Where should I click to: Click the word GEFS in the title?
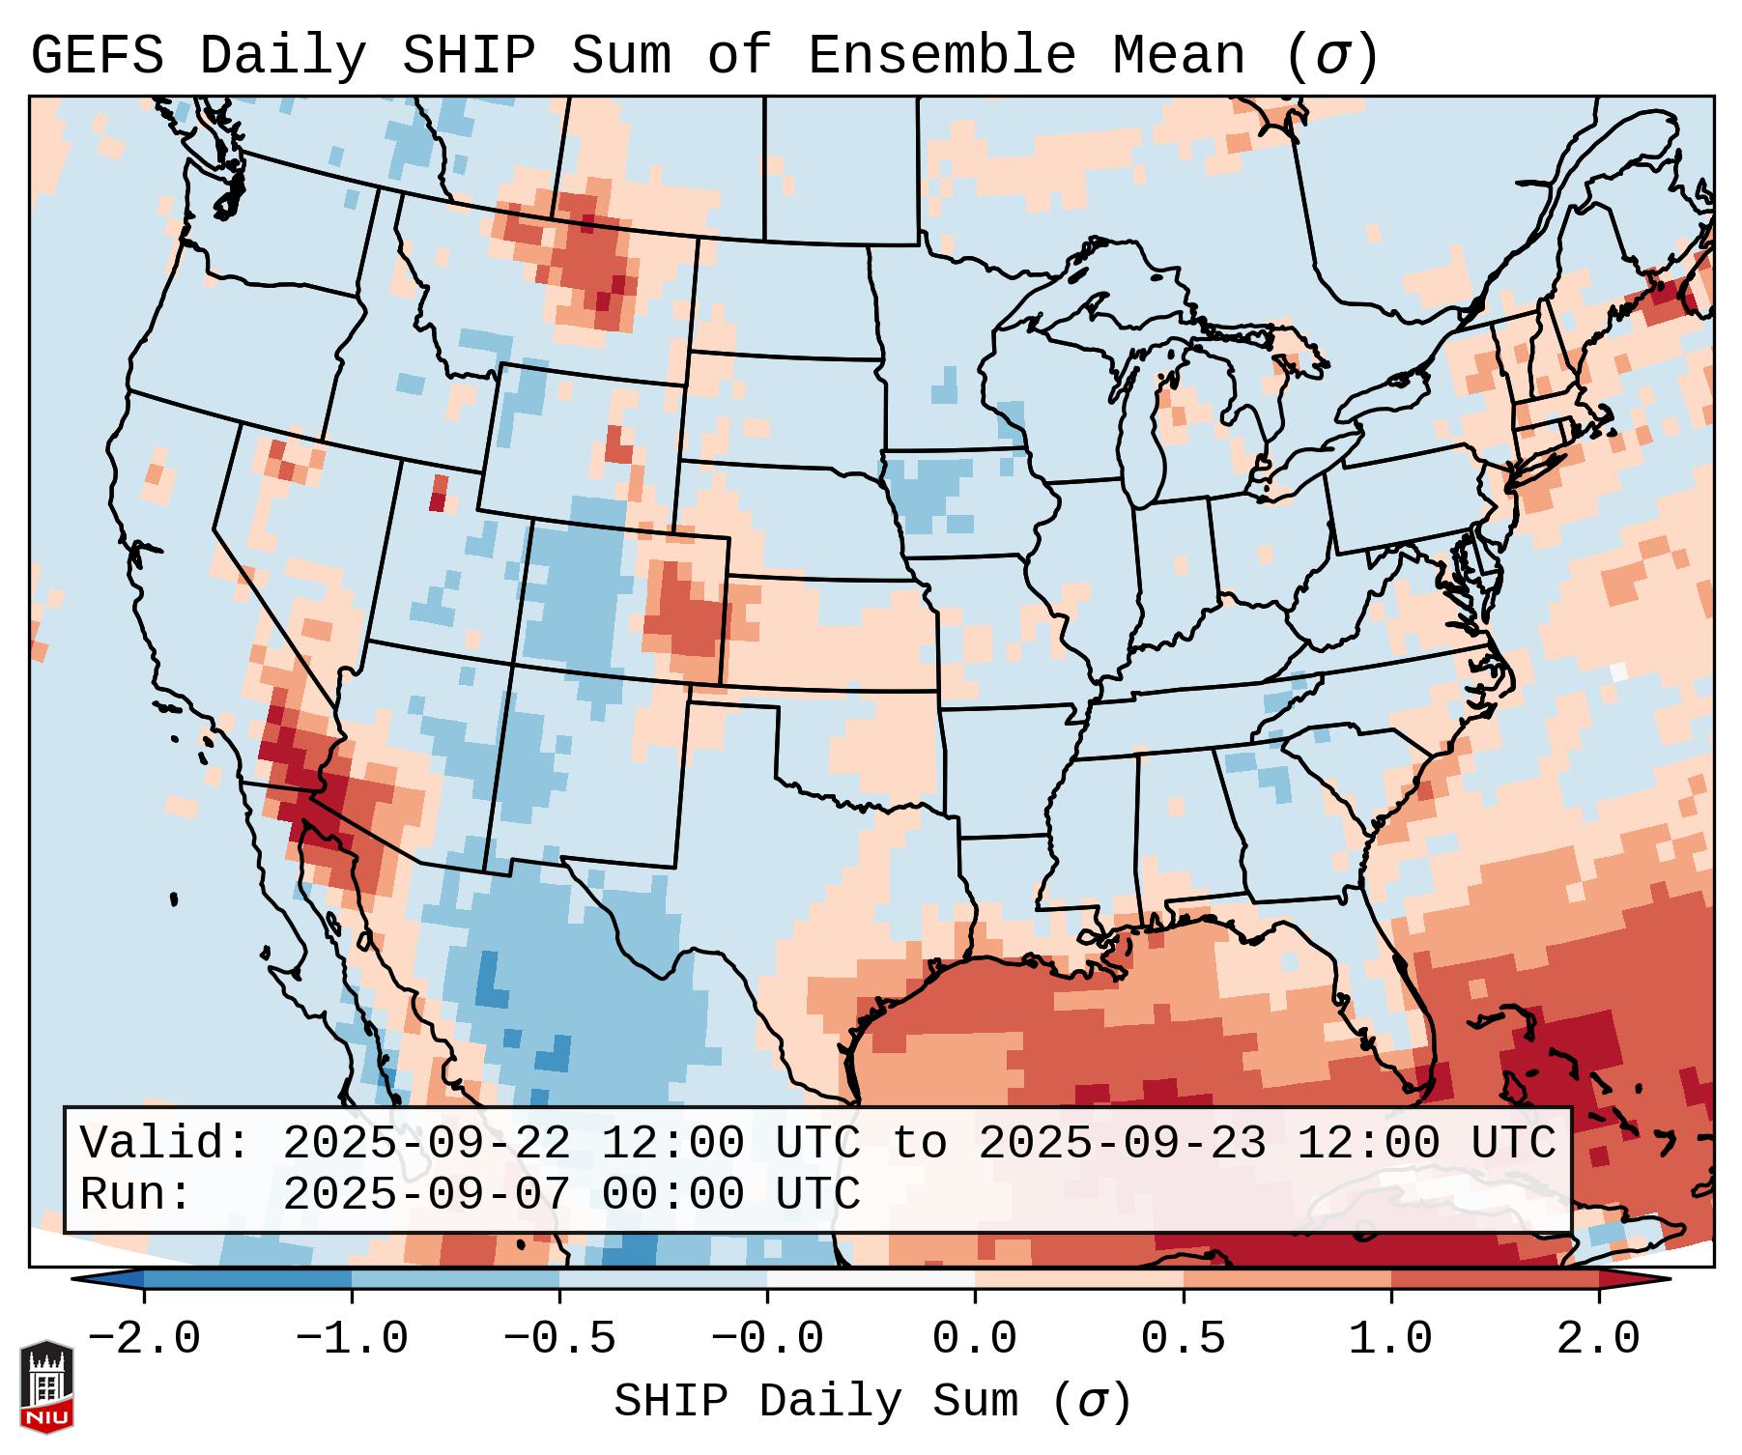[x=98, y=56]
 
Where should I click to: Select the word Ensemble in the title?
[x=941, y=56]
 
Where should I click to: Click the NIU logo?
[x=46, y=1386]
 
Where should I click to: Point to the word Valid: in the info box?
[x=165, y=1143]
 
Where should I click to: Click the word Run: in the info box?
[x=136, y=1194]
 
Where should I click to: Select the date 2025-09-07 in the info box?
[x=426, y=1194]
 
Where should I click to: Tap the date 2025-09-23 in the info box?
[x=1122, y=1143]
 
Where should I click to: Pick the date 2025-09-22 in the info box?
[x=426, y=1143]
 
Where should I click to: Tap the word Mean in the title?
[x=1180, y=56]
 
